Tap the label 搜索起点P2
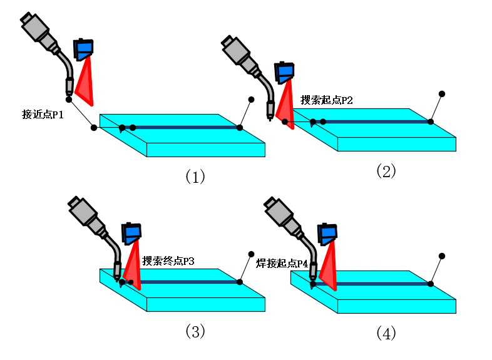(327, 100)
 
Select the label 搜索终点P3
(168, 260)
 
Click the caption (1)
(195, 177)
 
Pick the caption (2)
(386, 171)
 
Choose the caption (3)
(195, 331)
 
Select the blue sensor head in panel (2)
(285, 73)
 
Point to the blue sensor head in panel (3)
(132, 234)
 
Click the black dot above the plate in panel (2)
(441, 94)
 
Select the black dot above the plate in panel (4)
(442, 255)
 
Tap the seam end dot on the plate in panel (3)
(240, 282)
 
